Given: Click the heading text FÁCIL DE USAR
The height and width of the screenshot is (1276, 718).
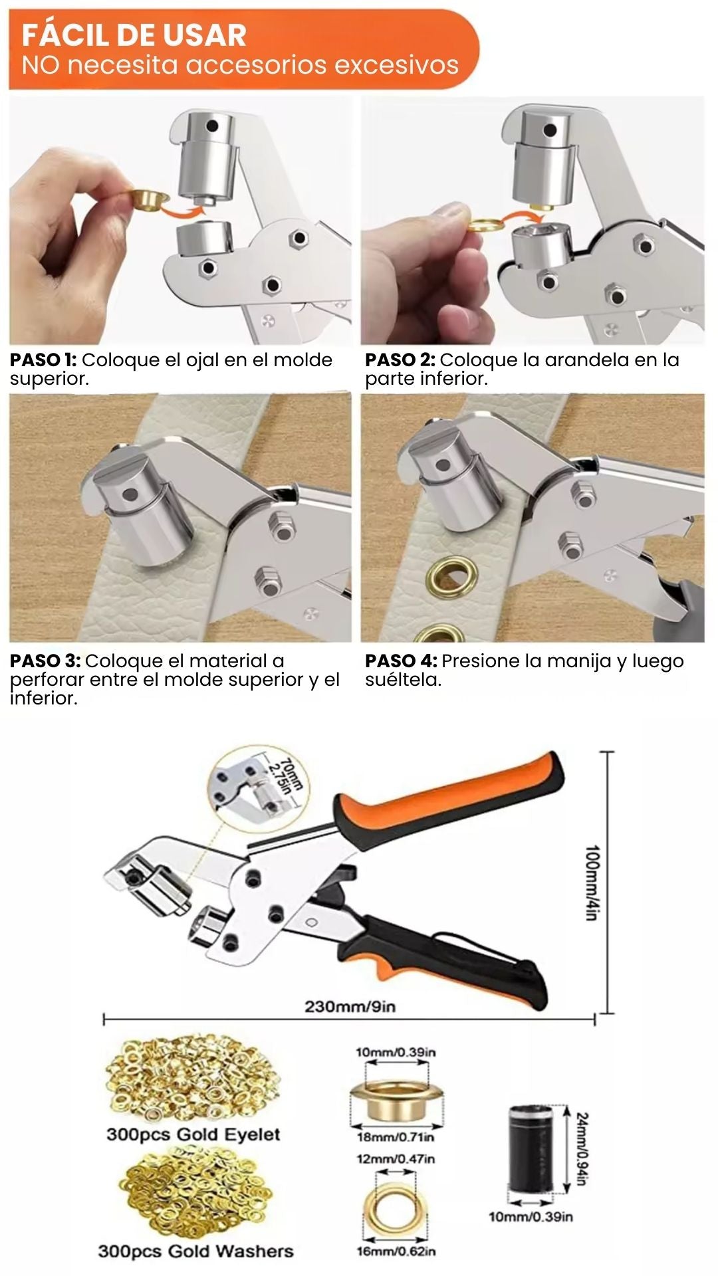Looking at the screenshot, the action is click(134, 35).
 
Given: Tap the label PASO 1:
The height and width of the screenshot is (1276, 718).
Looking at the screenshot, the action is click(43, 360).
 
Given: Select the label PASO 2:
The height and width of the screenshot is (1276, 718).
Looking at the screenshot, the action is click(400, 360).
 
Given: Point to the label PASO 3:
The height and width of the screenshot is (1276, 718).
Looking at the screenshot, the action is click(45, 661).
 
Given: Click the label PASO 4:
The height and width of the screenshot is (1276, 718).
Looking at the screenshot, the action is click(402, 661).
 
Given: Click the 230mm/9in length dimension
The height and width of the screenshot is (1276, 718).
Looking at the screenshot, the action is click(350, 1006).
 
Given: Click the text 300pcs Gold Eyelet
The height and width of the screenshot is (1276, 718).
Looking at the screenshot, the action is click(193, 1134).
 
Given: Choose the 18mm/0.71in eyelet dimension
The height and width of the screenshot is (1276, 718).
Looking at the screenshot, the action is click(395, 1137).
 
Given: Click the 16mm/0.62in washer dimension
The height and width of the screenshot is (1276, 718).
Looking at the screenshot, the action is click(396, 1251).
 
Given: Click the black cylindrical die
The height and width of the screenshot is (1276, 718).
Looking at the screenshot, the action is click(533, 1148).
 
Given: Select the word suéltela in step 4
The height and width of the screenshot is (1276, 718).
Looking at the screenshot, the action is click(403, 680).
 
